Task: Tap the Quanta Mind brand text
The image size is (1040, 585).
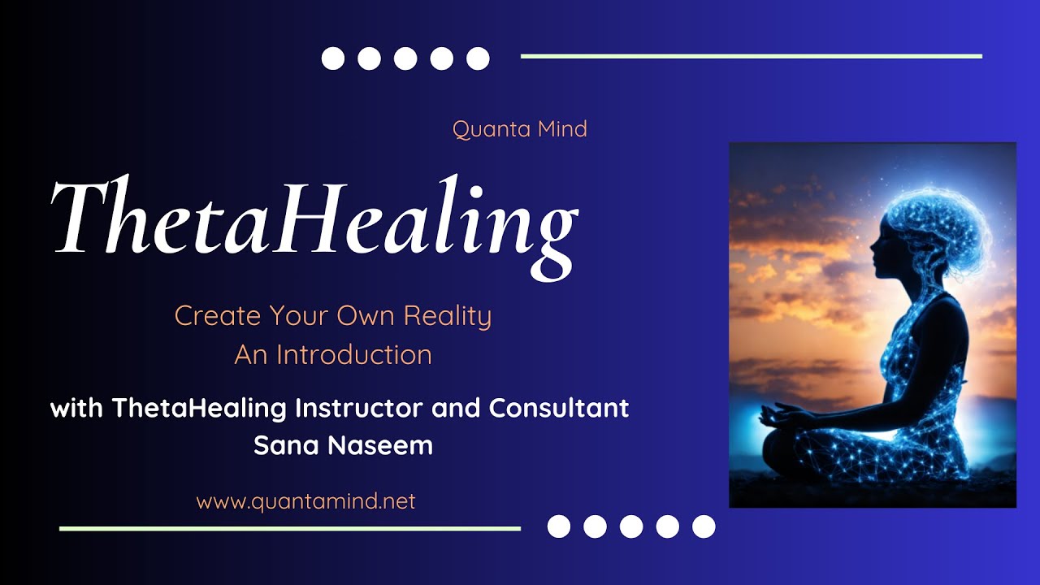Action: click(520, 129)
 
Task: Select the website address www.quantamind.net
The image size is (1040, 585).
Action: click(305, 501)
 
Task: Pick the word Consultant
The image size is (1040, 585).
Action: click(558, 408)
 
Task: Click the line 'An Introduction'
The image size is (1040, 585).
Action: click(333, 355)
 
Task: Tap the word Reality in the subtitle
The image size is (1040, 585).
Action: click(448, 317)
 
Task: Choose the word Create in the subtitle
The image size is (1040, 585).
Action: click(218, 316)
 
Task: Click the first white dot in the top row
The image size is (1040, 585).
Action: click(333, 58)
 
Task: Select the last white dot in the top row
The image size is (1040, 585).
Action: click(478, 58)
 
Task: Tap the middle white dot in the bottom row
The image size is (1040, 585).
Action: click(631, 526)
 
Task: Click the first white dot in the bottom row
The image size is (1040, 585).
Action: click(559, 526)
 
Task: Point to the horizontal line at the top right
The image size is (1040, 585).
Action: click(752, 56)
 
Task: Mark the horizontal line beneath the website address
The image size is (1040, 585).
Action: click(290, 528)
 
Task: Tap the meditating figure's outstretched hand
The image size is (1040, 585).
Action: click(774, 414)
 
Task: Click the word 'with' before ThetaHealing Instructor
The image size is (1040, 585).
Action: click(76, 408)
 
